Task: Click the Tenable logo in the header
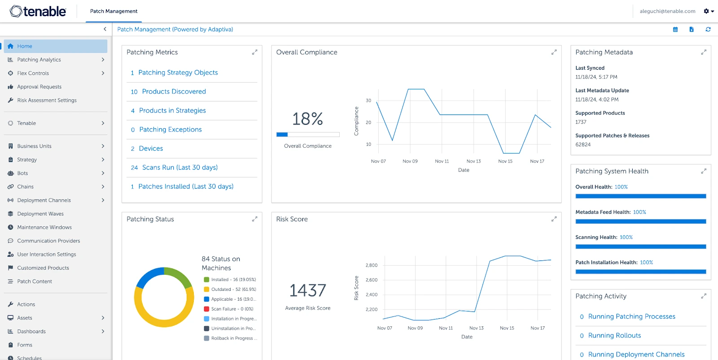[x=38, y=11]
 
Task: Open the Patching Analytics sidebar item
[x=39, y=60]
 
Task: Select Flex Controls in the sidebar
[x=33, y=73]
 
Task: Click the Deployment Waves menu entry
[x=40, y=214]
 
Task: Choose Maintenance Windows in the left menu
[x=44, y=227]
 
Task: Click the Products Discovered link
[x=174, y=92]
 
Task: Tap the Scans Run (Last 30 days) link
[x=179, y=167]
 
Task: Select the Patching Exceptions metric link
[x=170, y=129]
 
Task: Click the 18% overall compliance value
[x=307, y=119]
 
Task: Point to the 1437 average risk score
[x=307, y=290]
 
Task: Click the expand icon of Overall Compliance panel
[x=554, y=52]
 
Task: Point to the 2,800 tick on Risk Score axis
[x=371, y=265]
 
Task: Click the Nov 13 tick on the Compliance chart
[x=473, y=161]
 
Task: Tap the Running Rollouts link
[x=614, y=335]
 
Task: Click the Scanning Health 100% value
[x=626, y=237]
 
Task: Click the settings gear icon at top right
[x=706, y=11]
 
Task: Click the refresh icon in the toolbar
[x=708, y=29]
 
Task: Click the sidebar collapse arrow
[x=105, y=29]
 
